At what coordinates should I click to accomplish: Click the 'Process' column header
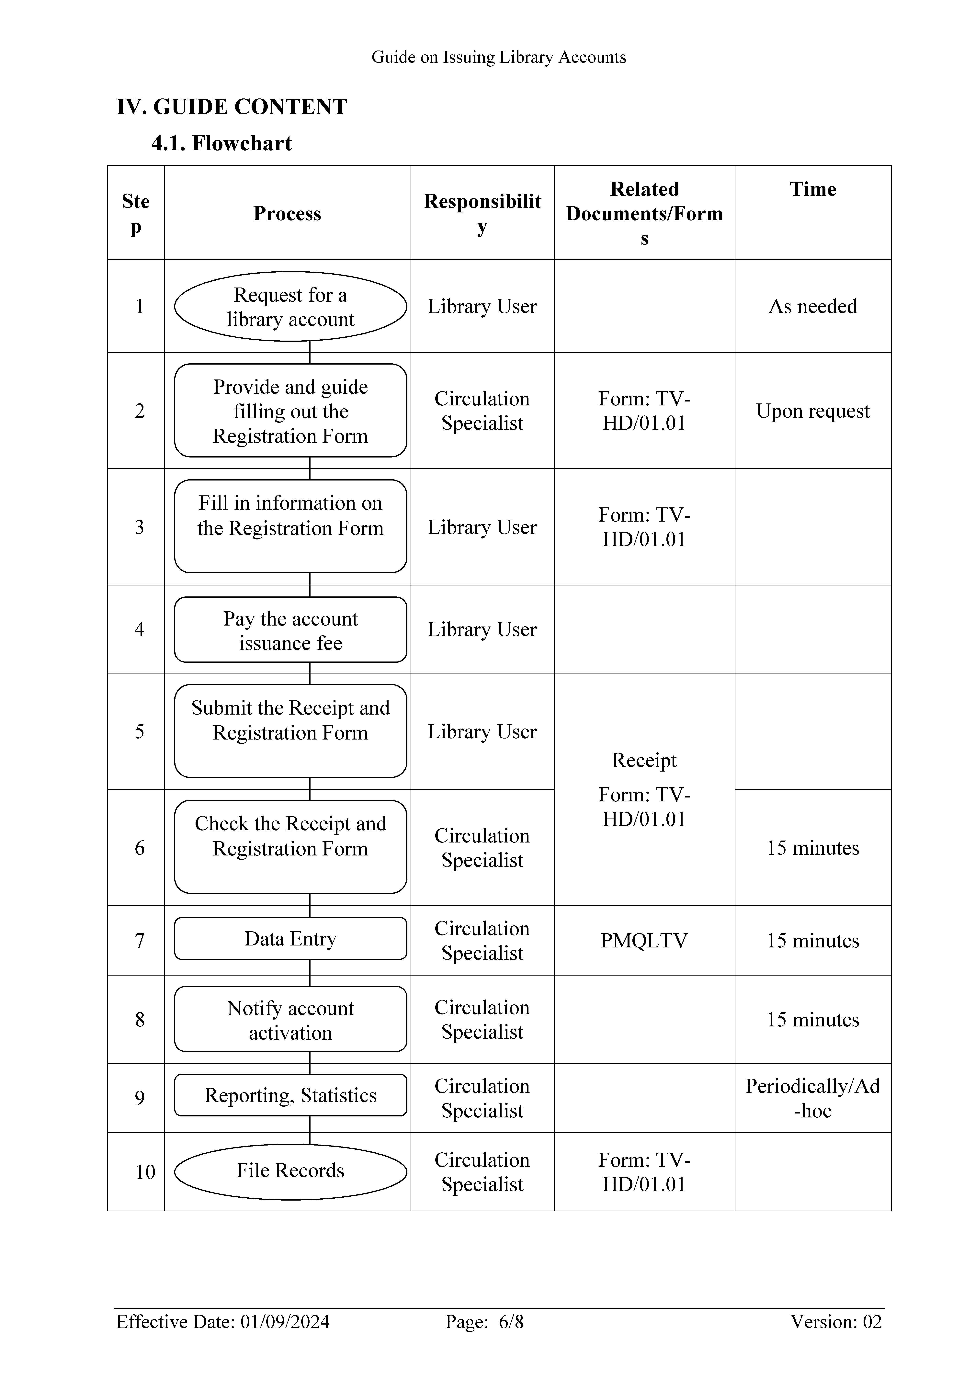pyautogui.click(x=287, y=213)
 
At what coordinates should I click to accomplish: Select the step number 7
pyautogui.click(x=139, y=941)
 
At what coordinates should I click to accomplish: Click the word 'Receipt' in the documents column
pyautogui.click(x=644, y=760)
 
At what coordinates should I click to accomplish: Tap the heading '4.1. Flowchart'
pyautogui.click(x=222, y=143)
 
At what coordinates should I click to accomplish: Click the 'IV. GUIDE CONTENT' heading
pyautogui.click(x=231, y=107)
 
